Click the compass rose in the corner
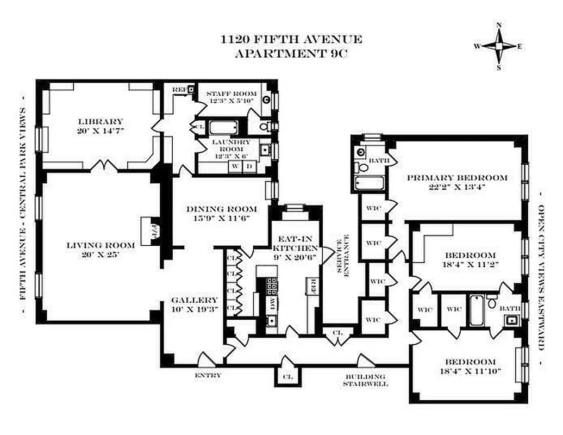click(x=498, y=46)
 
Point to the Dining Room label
click(x=221, y=209)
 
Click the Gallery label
click(x=194, y=300)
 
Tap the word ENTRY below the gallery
click(x=208, y=375)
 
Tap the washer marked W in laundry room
click(x=235, y=166)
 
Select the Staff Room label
click(x=232, y=94)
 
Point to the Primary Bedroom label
click(x=457, y=177)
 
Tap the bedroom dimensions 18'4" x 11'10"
click(x=470, y=371)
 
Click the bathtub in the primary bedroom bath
click(x=370, y=183)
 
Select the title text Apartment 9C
click(x=290, y=53)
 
